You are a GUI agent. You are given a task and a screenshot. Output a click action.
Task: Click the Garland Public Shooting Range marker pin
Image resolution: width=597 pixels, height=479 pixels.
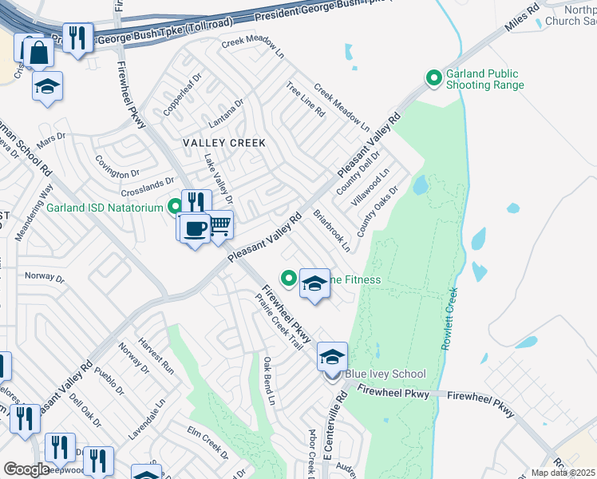tap(433, 78)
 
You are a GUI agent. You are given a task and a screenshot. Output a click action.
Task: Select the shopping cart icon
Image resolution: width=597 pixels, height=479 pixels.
tap(219, 226)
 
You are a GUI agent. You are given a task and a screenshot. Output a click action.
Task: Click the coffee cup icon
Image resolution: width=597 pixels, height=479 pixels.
tap(194, 230)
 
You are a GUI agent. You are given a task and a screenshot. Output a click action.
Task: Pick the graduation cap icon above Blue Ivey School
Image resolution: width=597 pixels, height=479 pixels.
tap(332, 357)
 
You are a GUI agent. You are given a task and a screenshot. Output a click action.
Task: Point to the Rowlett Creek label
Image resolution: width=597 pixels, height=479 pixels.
tap(448, 318)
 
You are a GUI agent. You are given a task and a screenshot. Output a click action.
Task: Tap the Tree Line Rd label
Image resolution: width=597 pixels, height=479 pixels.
tap(306, 100)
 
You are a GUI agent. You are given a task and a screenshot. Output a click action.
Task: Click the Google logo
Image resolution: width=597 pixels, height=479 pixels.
tap(26, 469)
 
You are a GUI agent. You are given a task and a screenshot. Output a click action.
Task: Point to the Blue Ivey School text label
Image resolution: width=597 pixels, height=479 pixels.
tap(385, 374)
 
